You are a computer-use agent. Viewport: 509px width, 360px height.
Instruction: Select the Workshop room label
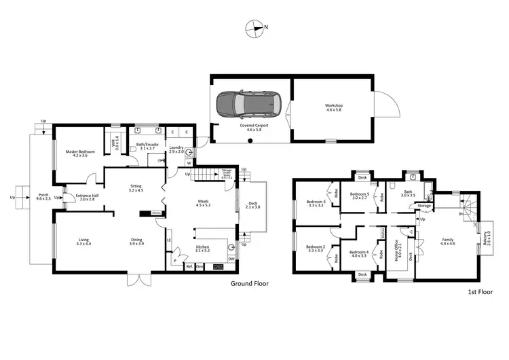[x=333, y=107]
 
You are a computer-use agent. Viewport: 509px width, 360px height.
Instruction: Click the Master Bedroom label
[x=80, y=153]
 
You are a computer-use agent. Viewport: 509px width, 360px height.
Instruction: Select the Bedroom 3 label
[x=316, y=202]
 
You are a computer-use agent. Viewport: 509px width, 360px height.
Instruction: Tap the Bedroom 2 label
[x=316, y=249]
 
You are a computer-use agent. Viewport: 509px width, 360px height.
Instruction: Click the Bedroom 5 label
[x=359, y=196]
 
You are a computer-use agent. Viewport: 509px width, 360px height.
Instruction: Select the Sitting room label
[x=136, y=189]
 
